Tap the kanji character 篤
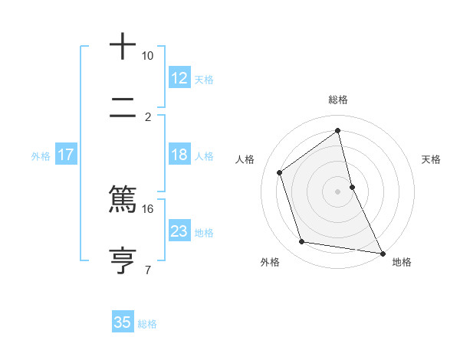[123, 199]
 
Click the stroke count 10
[147, 56]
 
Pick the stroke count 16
[147, 208]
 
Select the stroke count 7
[147, 270]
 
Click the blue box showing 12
[179, 78]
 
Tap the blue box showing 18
[179, 155]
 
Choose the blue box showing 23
[179, 231]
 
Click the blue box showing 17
[66, 155]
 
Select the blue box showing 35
[123, 322]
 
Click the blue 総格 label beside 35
[147, 324]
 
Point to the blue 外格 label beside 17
[41, 156]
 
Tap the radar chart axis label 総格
[338, 100]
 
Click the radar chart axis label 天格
[431, 159]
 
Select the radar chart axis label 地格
[402, 262]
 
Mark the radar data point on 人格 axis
[280, 172]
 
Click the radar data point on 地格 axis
[382, 253]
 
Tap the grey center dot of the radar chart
[338, 191]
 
